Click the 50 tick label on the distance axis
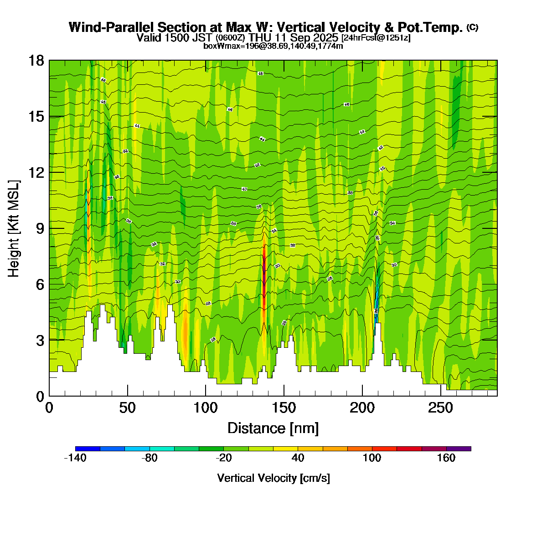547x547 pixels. [x=128, y=408]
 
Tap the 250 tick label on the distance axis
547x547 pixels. [x=440, y=408]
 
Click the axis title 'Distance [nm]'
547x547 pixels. [x=273, y=428]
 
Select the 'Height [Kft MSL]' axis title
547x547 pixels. [x=14, y=229]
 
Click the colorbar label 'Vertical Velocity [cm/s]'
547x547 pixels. [x=273, y=478]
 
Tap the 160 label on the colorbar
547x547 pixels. [x=446, y=458]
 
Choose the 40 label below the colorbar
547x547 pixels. [x=298, y=458]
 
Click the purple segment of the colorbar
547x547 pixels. [x=459, y=449]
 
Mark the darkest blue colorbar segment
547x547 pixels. [x=88, y=449]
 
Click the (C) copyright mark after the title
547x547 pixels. [x=472, y=27]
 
